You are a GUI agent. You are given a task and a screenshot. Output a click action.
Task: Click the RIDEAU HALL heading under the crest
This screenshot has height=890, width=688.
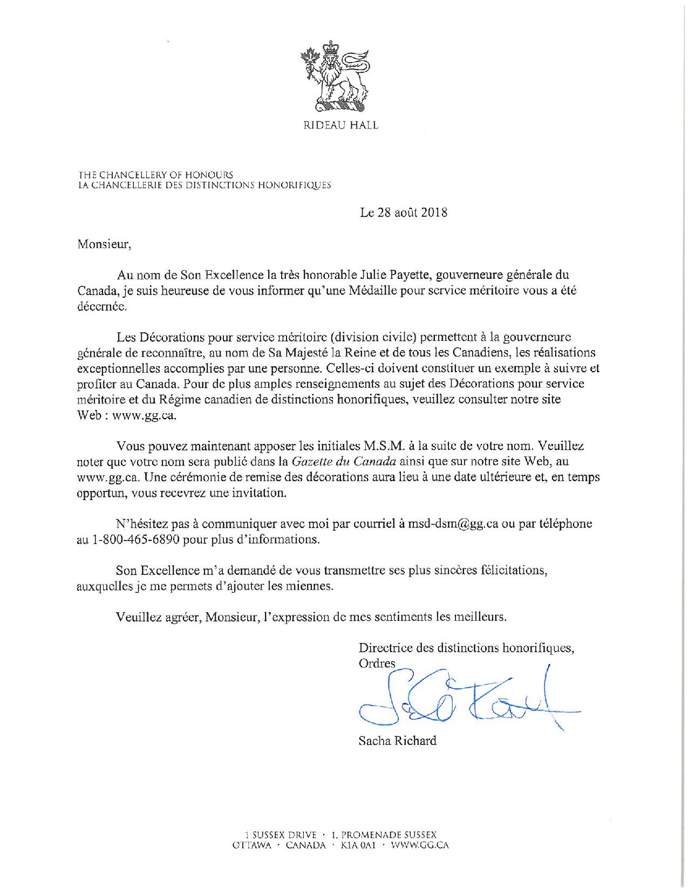coord(340,125)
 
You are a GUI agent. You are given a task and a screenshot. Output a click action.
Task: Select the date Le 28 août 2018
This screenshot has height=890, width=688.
coord(404,213)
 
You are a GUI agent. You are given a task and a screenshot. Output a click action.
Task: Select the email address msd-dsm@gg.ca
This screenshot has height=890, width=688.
coord(452,524)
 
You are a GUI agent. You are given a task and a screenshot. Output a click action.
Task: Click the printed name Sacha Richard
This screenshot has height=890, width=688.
coord(397,741)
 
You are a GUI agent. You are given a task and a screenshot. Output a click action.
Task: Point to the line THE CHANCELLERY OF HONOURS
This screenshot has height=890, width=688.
coord(156,175)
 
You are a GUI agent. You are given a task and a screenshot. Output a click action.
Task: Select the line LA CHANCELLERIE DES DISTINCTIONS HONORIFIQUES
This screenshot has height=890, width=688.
coord(205,184)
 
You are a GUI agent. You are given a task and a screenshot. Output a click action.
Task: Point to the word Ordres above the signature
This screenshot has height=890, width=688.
coord(377,663)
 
